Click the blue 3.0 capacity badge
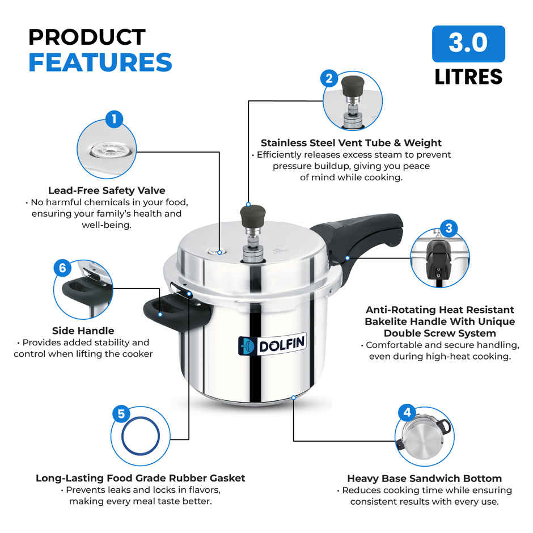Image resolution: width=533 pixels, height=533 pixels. click(x=468, y=44)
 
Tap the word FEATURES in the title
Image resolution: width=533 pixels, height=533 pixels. click(x=100, y=62)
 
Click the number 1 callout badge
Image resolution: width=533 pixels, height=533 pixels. click(x=114, y=119)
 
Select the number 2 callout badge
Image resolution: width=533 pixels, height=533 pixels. click(x=329, y=78)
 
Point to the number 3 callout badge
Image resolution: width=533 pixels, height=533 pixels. click(x=449, y=228)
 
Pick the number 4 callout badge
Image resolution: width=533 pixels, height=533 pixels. click(x=407, y=413)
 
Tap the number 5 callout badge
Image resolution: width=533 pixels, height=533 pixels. click(x=121, y=414)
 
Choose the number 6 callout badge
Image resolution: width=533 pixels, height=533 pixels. click(x=62, y=268)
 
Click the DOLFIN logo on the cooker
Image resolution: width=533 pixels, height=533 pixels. click(x=272, y=344)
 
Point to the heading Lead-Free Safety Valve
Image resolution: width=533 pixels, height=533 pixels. click(x=107, y=191)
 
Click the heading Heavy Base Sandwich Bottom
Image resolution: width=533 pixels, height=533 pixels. click(x=424, y=478)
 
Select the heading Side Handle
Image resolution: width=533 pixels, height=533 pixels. click(x=83, y=331)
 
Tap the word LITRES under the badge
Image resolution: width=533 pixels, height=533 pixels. click(x=468, y=77)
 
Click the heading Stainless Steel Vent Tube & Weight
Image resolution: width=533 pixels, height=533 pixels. click(x=351, y=143)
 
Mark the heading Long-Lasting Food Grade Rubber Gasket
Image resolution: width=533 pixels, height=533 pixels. click(x=141, y=478)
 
